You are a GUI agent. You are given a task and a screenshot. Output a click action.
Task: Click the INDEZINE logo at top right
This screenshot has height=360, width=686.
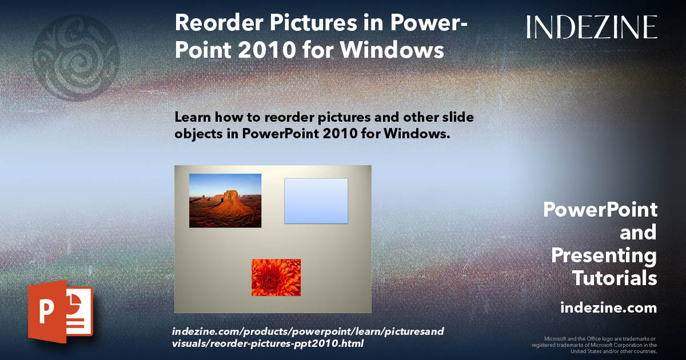592,27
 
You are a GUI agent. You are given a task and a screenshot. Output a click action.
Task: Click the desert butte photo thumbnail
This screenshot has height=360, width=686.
225,201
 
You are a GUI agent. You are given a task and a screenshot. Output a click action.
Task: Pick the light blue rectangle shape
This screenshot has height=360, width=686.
316,201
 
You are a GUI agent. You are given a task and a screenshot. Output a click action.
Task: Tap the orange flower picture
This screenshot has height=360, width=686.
276,277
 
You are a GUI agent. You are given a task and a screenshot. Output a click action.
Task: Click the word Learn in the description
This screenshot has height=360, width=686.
192,117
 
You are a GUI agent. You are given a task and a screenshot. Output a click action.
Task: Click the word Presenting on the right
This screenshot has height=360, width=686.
604,255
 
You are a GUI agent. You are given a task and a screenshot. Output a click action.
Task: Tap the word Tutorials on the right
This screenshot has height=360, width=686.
615,278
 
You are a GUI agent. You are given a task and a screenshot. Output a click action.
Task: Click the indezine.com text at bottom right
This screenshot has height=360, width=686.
608,308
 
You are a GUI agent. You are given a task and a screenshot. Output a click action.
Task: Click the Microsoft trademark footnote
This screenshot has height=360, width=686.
595,345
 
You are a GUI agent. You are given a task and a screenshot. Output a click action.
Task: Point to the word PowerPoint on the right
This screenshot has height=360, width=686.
600,210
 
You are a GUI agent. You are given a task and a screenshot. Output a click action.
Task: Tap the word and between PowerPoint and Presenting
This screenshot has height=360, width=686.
638,233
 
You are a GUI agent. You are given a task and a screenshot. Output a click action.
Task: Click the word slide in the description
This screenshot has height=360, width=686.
455,117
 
